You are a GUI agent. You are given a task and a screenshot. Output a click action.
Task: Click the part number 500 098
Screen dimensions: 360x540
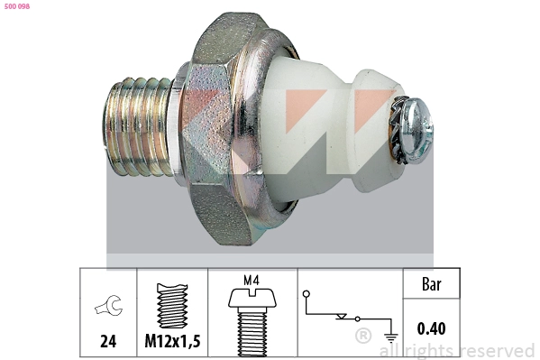pos(16,5)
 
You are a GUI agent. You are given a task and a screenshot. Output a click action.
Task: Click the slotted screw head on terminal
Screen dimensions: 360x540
pos(417,131)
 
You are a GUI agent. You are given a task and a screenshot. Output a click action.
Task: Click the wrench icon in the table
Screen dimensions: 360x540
pos(107,308)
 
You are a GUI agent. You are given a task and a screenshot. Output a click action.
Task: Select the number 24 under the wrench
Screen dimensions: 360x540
pos(107,341)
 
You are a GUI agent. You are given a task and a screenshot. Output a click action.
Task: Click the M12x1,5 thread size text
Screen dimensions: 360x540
pos(172,341)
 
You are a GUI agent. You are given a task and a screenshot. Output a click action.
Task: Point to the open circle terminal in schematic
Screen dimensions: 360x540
pos(307,294)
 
